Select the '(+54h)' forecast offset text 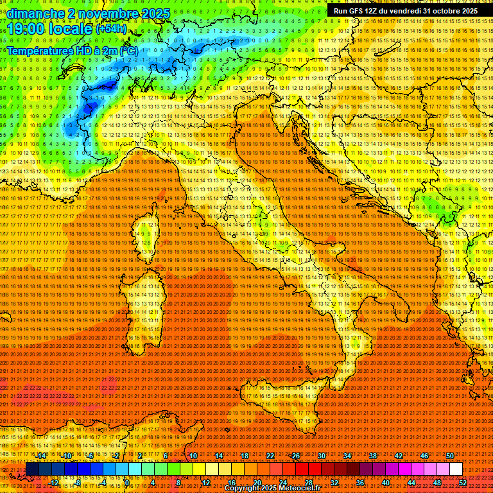pos(112,29)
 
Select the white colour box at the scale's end pos(456,469)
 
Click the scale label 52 pos(463,483)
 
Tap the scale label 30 pos(321,456)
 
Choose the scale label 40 pos(386,483)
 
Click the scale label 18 pos(244,456)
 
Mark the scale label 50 pos(450,456)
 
